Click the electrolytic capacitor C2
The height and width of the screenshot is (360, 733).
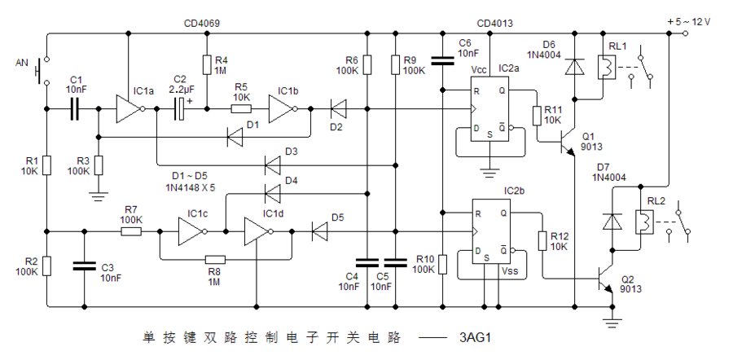181,108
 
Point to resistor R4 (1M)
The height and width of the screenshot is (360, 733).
207,64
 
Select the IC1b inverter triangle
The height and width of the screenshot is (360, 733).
282,108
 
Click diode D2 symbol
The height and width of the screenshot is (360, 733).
336,108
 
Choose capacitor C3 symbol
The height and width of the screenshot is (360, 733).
85,265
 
